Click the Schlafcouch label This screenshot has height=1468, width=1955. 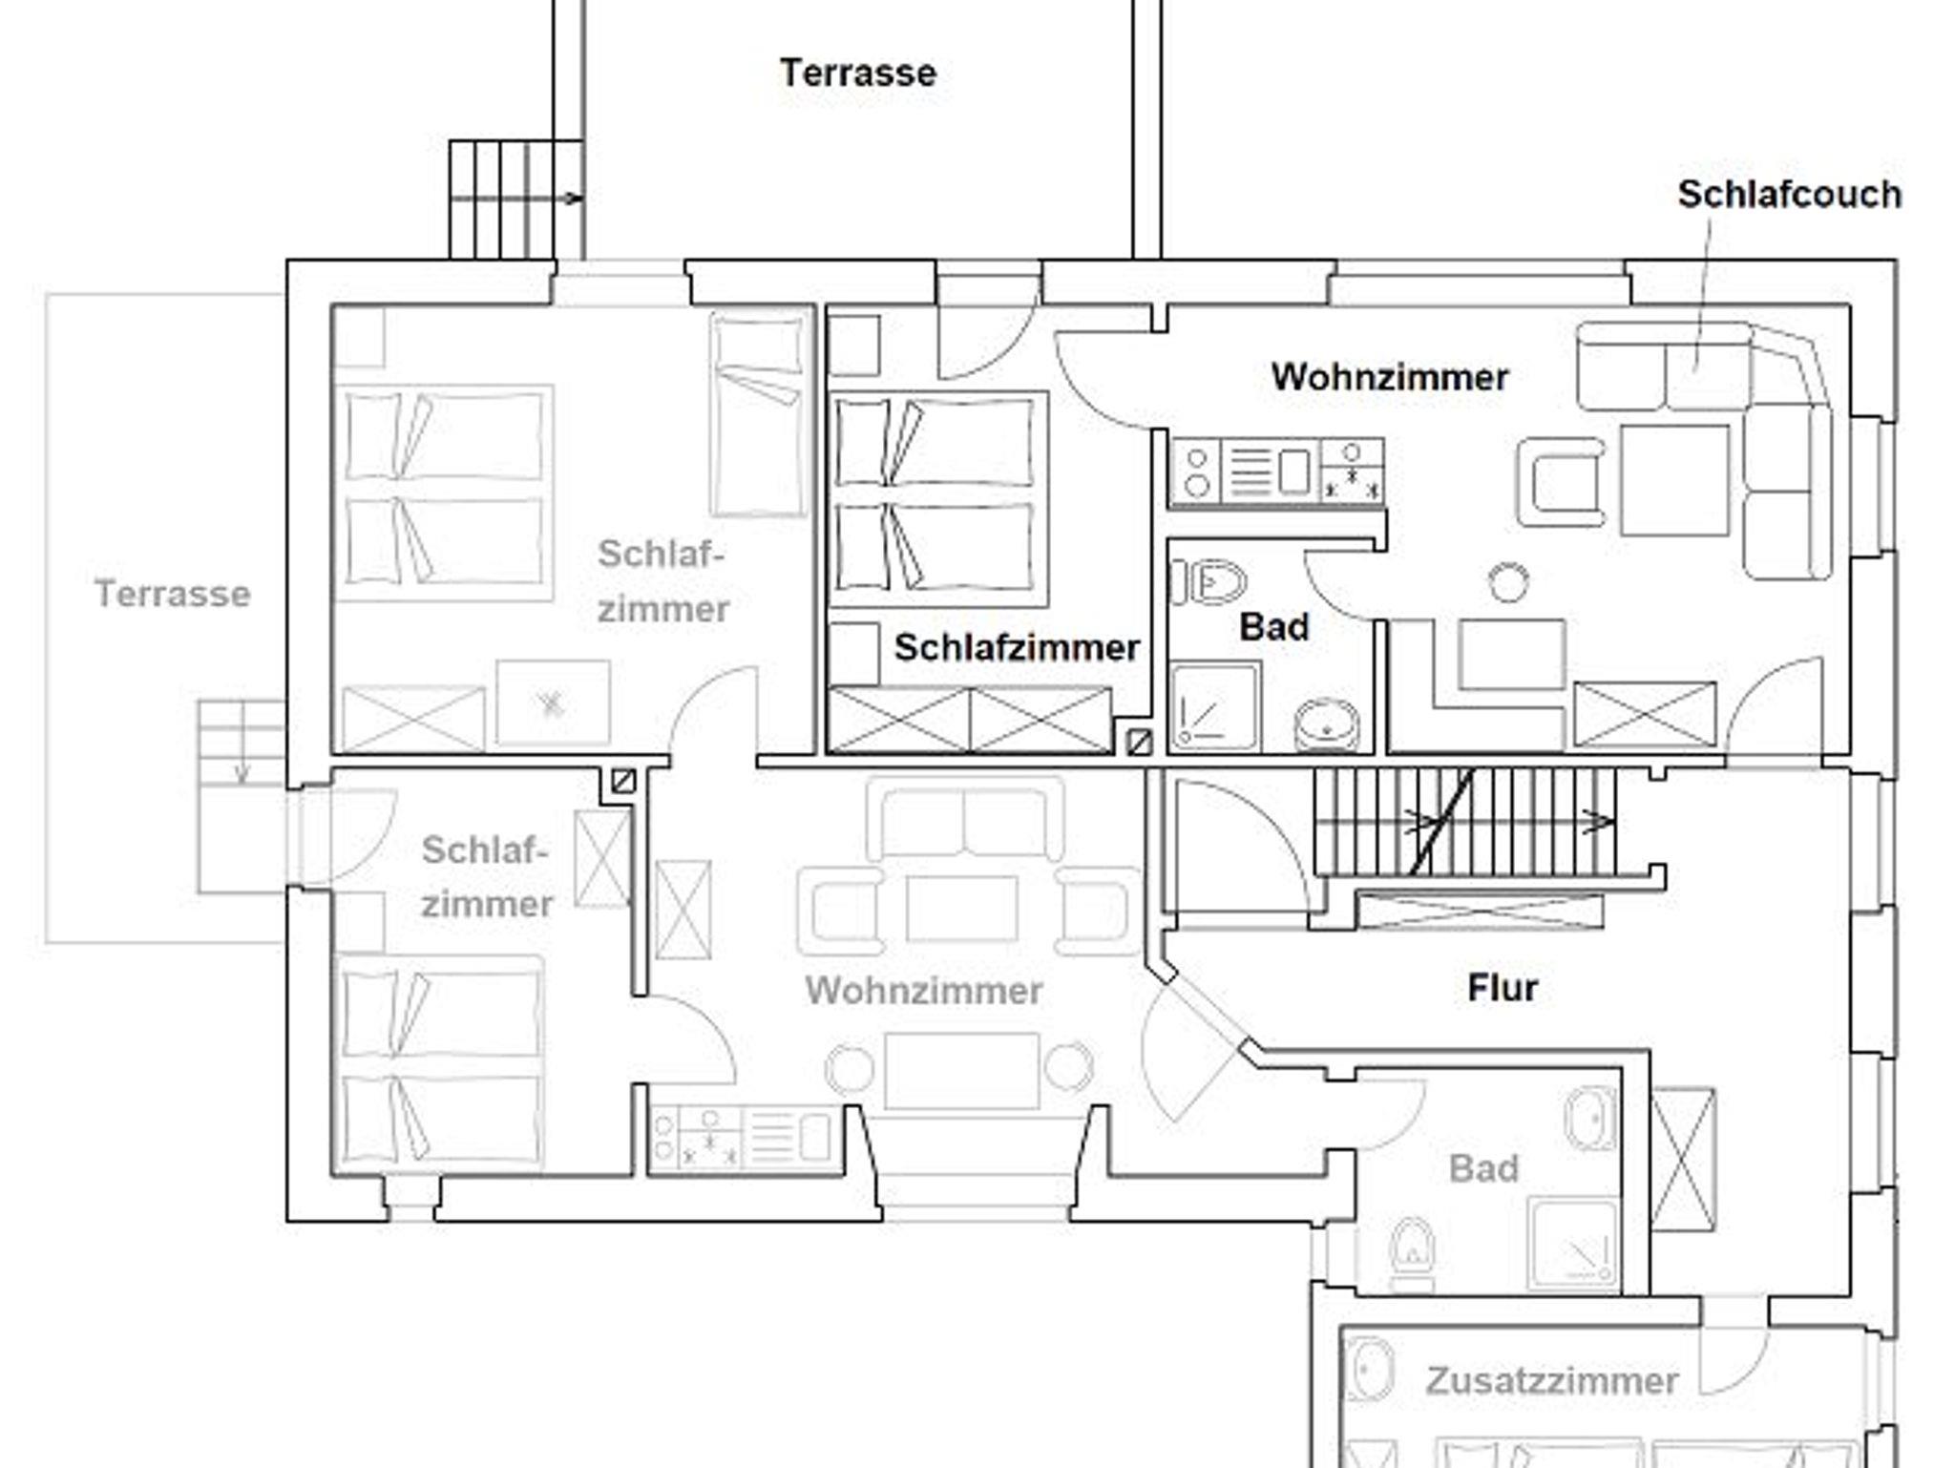pos(1790,195)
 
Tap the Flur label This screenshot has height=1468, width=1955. pos(1503,988)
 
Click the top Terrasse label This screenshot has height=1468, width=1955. pos(858,73)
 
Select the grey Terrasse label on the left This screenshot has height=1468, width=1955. pos(173,594)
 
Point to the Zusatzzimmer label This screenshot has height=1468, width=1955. pos(1552,1381)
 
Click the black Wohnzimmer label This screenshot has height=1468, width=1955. pos(1390,377)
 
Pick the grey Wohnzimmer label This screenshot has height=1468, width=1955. pos(924,991)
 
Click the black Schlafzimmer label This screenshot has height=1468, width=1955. pos(1017,648)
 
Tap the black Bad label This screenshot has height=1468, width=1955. pos(1274,627)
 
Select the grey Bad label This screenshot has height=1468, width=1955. pos(1483,1168)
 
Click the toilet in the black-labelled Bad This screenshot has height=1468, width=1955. pos(1209,582)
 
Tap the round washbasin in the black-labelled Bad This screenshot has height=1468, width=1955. pos(1327,725)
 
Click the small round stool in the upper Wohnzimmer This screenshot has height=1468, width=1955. pos(1508,582)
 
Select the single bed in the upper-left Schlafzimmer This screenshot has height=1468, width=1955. pos(758,414)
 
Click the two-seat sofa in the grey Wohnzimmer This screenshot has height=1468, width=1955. pos(964,821)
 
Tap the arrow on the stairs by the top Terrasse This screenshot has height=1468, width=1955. pos(516,199)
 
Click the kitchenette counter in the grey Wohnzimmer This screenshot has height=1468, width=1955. pos(746,1139)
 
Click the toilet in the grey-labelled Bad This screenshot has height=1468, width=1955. pos(1412,1245)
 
